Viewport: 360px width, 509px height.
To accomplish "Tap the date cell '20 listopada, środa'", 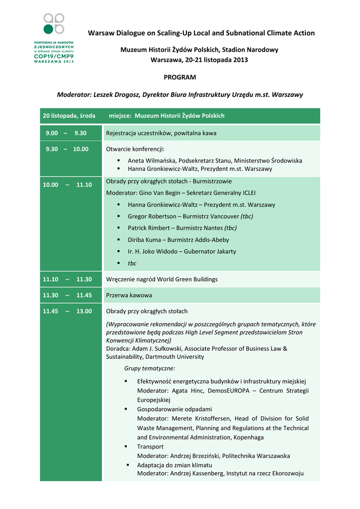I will (69, 116).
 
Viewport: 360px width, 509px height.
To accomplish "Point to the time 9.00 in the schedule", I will (52, 133).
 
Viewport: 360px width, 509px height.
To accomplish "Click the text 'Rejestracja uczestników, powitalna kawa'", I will (161, 133).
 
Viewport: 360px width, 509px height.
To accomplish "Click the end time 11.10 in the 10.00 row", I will (84, 185).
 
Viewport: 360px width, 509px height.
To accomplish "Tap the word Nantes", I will (213, 228).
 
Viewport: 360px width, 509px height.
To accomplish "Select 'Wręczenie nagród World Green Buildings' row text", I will (162, 279).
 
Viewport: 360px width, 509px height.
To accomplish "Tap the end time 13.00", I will (84, 311).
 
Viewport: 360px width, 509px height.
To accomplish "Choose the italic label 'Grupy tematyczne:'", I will (149, 369).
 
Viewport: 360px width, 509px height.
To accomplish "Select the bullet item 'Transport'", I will (150, 446).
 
